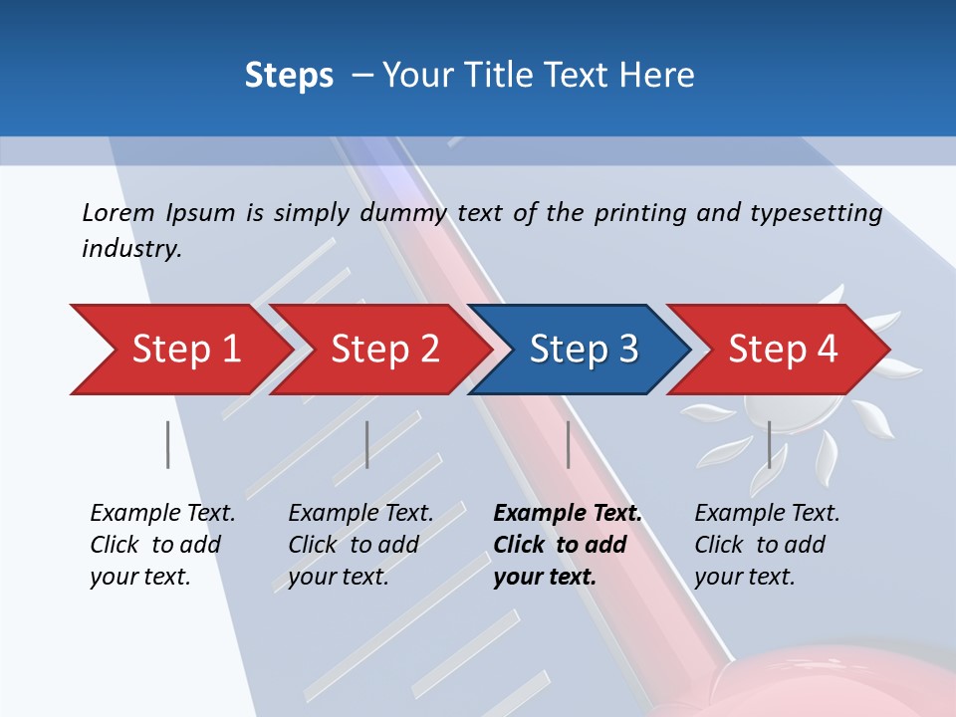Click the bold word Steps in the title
click(289, 75)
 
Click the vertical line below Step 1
click(168, 444)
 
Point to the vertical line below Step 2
click(367, 444)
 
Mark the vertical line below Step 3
click(568, 444)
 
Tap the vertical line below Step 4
click(769, 444)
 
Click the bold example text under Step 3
click(568, 545)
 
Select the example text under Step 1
click(162, 545)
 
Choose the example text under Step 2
click(360, 545)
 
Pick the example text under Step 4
click(767, 545)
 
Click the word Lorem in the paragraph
click(119, 212)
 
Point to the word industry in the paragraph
click(131, 249)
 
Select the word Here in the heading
click(658, 75)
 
